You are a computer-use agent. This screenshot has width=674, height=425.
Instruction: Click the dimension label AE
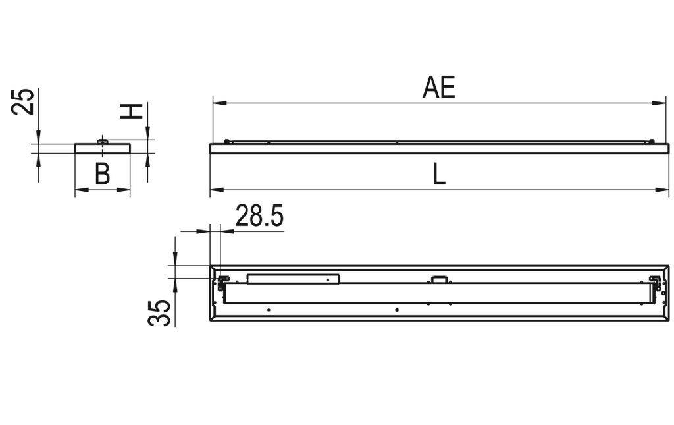pyautogui.click(x=438, y=88)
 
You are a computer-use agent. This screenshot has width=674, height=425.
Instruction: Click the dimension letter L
pyautogui.click(x=439, y=175)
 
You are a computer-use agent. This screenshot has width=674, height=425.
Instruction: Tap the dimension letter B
pyautogui.click(x=102, y=175)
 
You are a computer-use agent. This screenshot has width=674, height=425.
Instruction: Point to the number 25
pyautogui.click(x=23, y=102)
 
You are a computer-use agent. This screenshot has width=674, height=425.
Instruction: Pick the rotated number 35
pyautogui.click(x=160, y=312)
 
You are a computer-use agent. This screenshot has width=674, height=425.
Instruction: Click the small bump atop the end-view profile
pyautogui.click(x=102, y=140)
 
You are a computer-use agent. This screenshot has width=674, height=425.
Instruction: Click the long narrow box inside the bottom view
pyautogui.click(x=293, y=279)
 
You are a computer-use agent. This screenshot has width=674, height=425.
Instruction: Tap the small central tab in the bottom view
pyautogui.click(x=439, y=279)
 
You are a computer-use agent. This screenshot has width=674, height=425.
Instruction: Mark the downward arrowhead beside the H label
pyautogui.click(x=147, y=134)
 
